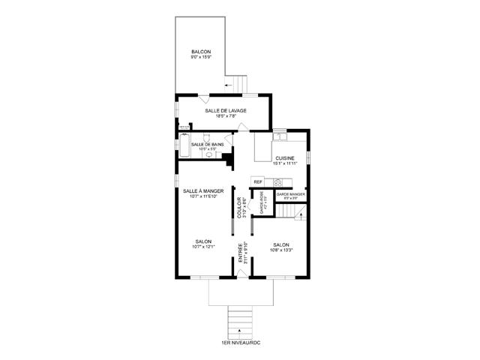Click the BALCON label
(x=201, y=52)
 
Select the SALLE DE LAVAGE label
(x=226, y=110)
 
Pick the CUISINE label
(x=285, y=158)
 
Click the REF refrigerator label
(x=258, y=181)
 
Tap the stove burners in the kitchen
(x=278, y=181)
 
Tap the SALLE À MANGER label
(x=204, y=191)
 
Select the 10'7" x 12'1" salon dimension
(x=204, y=247)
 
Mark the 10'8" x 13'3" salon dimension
(x=281, y=250)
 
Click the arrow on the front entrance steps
(x=240, y=330)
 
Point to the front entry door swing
(x=241, y=274)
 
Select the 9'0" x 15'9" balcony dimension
(x=201, y=58)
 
